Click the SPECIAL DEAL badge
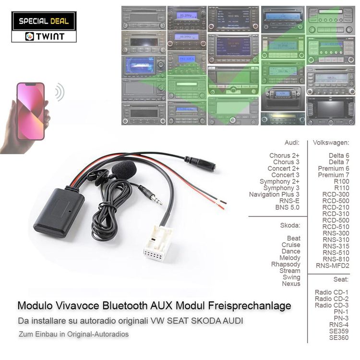click(x=44, y=21)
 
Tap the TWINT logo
click(x=44, y=36)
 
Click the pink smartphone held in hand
click(x=31, y=111)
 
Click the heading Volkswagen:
click(x=331, y=143)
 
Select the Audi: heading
click(x=292, y=143)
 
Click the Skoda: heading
click(x=290, y=225)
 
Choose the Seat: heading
click(x=341, y=279)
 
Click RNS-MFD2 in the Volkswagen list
click(x=332, y=266)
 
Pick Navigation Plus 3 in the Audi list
click(x=274, y=194)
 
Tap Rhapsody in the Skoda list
click(x=286, y=264)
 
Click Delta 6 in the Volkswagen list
click(x=339, y=156)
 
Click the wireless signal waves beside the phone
click(x=59, y=91)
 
